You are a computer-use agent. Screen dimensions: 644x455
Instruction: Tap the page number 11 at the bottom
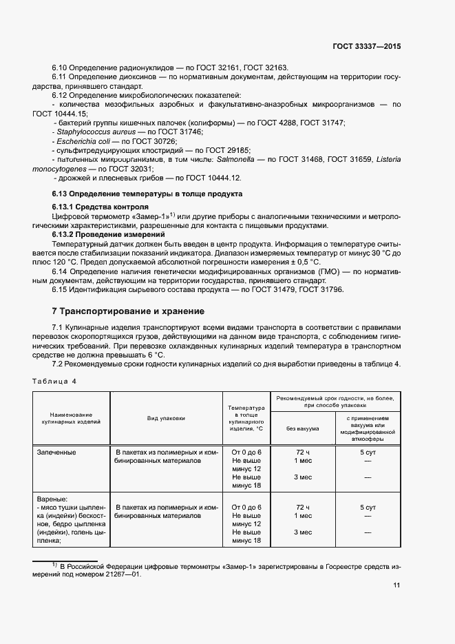tap(396, 585)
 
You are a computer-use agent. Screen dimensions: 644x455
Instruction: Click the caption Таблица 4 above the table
tap(55, 381)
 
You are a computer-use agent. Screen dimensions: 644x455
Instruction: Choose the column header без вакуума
tap(303, 428)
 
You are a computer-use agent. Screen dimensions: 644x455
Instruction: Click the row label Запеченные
tap(57, 453)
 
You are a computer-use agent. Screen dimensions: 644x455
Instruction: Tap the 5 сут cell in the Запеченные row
tap(367, 453)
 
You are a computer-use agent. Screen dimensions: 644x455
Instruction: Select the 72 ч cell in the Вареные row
tap(303, 507)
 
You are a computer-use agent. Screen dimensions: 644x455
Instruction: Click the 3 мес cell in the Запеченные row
tap(303, 477)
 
